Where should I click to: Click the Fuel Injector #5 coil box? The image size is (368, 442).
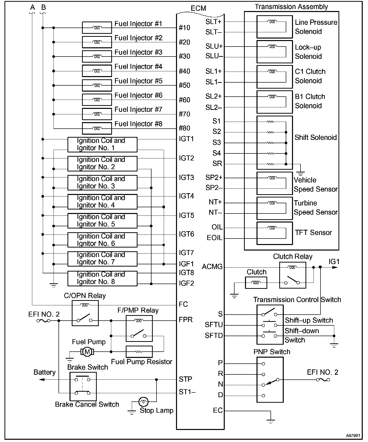pyautogui.click(x=97, y=85)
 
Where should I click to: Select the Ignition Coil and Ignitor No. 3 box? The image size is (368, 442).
pyautogui.click(x=102, y=182)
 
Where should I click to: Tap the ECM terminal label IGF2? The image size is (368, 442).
pyautogui.click(x=186, y=283)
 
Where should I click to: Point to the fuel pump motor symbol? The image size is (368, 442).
pyautogui.click(x=87, y=352)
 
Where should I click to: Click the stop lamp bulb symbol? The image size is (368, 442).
pyautogui.click(x=143, y=402)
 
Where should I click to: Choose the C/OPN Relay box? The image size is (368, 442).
pyautogui.click(x=85, y=313)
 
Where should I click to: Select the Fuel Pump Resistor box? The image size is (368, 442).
pyautogui.click(x=139, y=352)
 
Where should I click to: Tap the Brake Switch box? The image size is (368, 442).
pyautogui.click(x=83, y=386)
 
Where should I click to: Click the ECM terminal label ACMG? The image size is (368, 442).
pyautogui.click(x=212, y=267)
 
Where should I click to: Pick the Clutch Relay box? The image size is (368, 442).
pyautogui.click(x=292, y=275)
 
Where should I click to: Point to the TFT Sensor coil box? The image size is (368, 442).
pyautogui.click(x=274, y=233)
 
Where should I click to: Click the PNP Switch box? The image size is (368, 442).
pyautogui.click(x=270, y=379)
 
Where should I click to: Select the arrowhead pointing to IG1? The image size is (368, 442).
pyautogui.click(x=335, y=267)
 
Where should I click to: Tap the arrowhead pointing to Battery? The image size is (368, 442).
pyautogui.click(x=42, y=380)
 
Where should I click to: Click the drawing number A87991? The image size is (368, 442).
pyautogui.click(x=353, y=435)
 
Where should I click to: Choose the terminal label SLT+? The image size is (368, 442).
pyautogui.click(x=213, y=22)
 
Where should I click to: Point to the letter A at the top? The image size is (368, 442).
pyautogui.click(x=32, y=8)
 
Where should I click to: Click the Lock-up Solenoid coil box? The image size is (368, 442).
pyautogui.click(x=274, y=52)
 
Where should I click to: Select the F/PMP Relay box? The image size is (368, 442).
pyautogui.click(x=139, y=328)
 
